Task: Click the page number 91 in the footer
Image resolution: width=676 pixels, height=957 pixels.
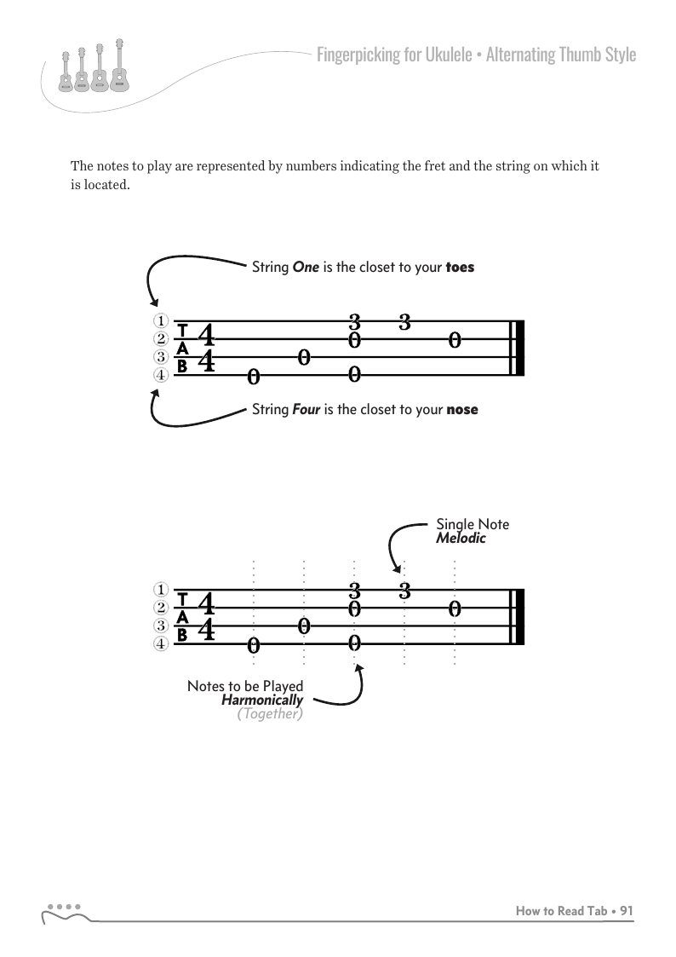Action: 627,911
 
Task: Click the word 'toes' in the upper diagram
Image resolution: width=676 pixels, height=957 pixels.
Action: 460,267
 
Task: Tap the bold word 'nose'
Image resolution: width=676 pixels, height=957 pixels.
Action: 462,409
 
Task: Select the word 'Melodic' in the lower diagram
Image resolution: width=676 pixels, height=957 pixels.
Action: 461,539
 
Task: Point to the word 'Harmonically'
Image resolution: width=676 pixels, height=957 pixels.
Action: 262,700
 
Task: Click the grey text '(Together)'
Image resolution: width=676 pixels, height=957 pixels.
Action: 270,714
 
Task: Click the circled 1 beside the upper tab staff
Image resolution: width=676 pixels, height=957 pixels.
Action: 159,321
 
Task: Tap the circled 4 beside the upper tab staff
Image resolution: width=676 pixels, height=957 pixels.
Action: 159,375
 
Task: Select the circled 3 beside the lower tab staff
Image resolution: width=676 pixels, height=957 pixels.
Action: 159,626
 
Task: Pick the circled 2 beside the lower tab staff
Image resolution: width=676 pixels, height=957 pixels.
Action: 159,608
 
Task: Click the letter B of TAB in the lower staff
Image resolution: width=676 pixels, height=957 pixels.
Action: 181,635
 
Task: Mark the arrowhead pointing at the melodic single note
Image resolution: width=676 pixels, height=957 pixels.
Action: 396,569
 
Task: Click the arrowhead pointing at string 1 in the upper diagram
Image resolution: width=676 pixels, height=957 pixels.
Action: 154,303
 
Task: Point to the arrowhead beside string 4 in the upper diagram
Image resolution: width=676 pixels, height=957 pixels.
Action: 154,395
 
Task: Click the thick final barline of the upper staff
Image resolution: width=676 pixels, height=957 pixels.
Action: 519,349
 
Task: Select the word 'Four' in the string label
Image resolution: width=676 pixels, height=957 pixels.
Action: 306,409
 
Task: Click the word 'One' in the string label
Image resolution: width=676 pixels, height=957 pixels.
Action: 305,267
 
